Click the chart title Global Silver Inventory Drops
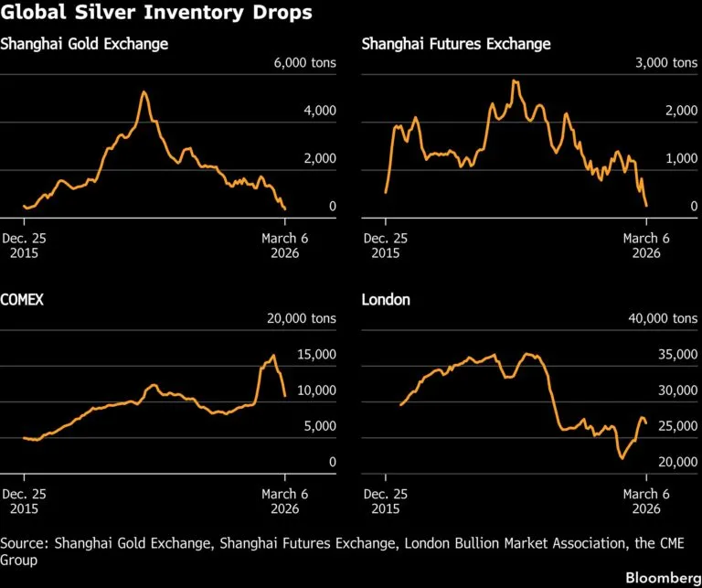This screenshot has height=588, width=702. [156, 12]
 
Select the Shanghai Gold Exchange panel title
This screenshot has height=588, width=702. [84, 44]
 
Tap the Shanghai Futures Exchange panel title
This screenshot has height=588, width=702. [456, 44]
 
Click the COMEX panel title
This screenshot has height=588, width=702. [22, 300]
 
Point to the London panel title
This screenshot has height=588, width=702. [386, 300]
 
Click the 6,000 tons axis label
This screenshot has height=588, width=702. [305, 63]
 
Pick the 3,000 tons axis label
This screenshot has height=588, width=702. [666, 63]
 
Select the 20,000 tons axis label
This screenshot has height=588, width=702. [302, 318]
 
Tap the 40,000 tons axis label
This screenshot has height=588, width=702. [663, 318]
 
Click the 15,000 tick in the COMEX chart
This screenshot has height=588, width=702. [316, 355]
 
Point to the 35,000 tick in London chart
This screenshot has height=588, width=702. [678, 355]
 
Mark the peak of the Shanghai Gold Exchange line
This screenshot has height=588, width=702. [144, 91]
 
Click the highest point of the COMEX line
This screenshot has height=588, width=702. [273, 355]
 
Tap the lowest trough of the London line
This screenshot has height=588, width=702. [622, 458]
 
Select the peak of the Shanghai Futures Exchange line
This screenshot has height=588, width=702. [515, 81]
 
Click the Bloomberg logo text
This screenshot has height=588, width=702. [664, 578]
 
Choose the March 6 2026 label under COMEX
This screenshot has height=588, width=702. [285, 501]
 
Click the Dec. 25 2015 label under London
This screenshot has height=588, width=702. [386, 501]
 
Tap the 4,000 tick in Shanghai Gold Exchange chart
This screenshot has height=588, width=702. [320, 111]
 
